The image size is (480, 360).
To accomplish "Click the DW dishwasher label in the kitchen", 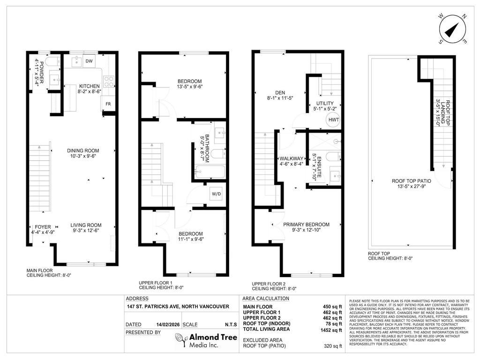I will [x=90, y=60].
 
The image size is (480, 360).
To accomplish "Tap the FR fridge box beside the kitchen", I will [x=108, y=104].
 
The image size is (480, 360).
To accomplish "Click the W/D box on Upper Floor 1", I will [x=216, y=194].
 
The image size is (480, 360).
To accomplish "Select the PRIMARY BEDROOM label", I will [x=306, y=225].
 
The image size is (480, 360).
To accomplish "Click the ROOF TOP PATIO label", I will [x=412, y=180].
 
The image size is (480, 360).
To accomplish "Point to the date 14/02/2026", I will [x=167, y=324].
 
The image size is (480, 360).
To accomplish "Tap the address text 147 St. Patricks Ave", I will [x=178, y=307].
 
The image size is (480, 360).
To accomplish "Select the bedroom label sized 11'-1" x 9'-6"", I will [x=190, y=234].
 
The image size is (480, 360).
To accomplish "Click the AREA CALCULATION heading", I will [x=265, y=299].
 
